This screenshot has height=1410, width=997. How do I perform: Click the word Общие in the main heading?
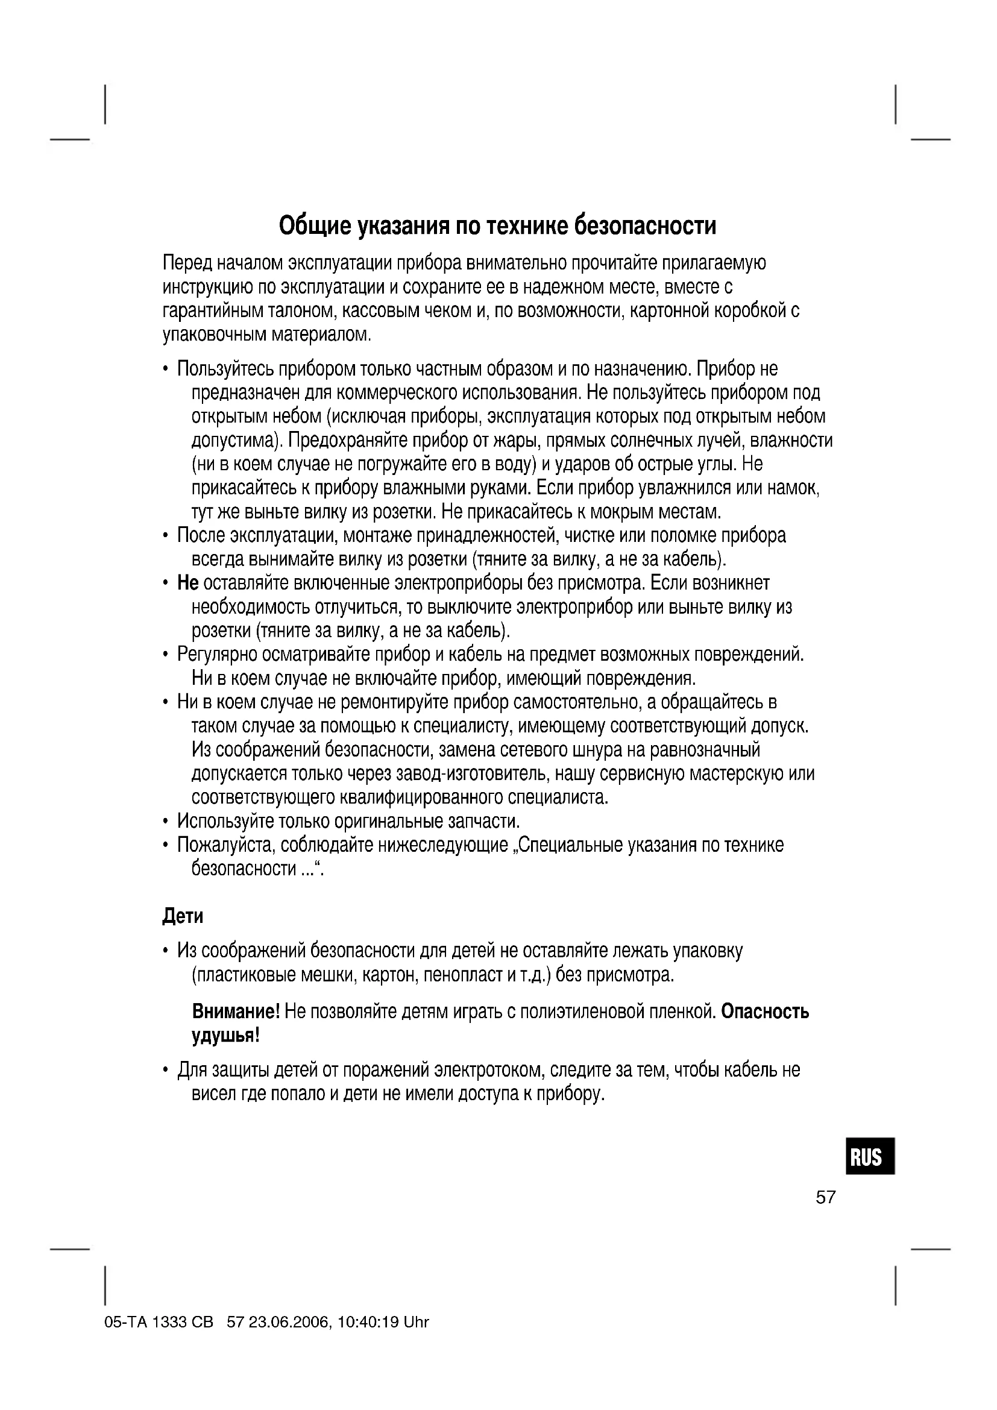point(315,227)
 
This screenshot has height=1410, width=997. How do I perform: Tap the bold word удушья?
point(226,1036)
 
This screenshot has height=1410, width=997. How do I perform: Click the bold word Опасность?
point(765,1012)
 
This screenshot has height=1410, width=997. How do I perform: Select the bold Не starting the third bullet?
point(187,583)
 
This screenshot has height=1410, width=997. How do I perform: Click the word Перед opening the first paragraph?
point(187,263)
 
